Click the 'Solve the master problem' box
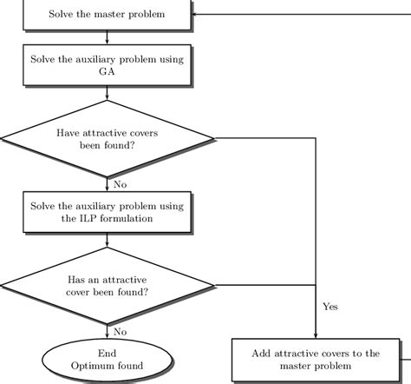point(106,16)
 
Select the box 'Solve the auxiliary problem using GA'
point(106,65)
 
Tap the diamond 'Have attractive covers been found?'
point(107,139)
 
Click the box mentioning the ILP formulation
point(106,212)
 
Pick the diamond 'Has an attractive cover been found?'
point(107,286)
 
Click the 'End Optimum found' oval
point(107,360)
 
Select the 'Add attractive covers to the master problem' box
point(316,360)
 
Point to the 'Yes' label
point(330,307)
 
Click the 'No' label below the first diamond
point(121,184)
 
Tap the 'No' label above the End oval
point(121,331)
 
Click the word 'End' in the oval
point(107,354)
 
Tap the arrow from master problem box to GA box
point(107,37)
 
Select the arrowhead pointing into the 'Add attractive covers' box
point(316,335)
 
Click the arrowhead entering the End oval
point(107,337)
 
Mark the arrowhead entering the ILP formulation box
point(107,188)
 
